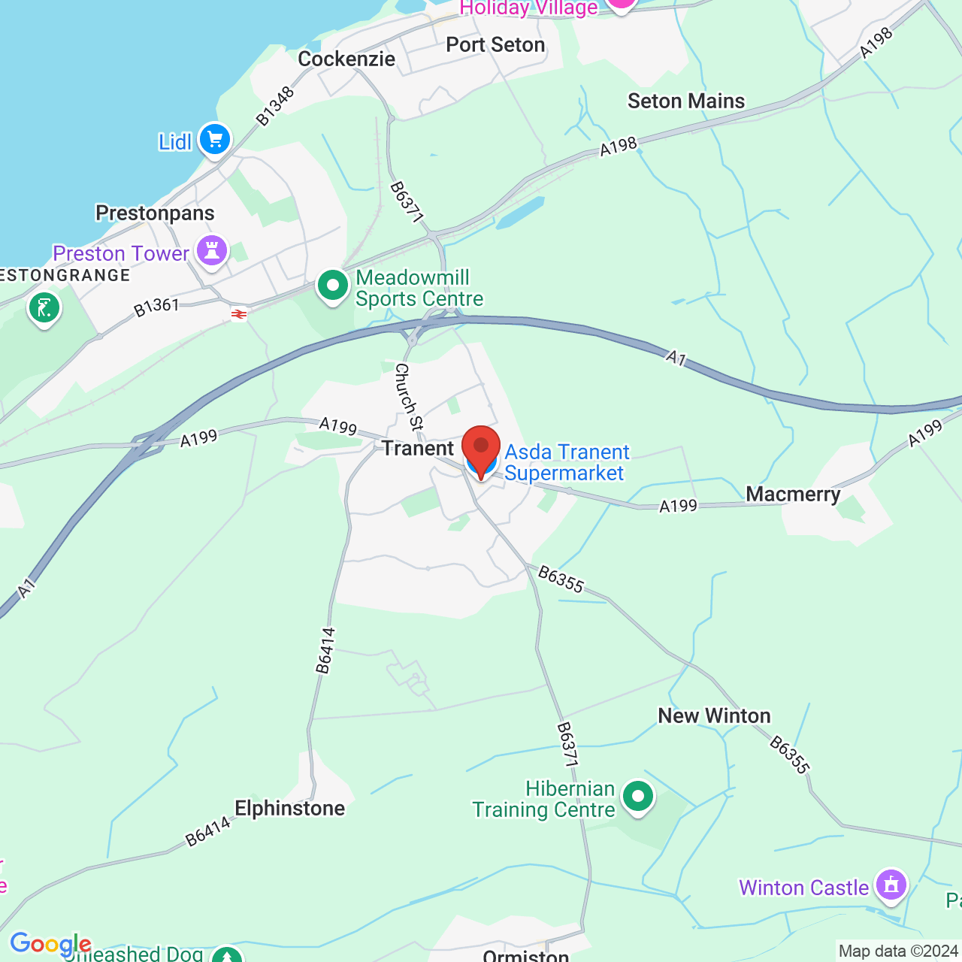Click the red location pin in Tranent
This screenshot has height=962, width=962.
[x=481, y=448]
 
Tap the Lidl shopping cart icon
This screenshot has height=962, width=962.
[x=215, y=140]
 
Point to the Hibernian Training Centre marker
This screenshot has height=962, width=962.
[x=638, y=796]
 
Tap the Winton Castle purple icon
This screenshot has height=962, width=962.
[x=891, y=885]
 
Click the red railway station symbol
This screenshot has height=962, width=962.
[x=239, y=315]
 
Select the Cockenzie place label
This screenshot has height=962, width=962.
[x=346, y=59]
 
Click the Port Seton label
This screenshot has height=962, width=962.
[x=495, y=45]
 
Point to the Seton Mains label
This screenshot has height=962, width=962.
[x=686, y=101]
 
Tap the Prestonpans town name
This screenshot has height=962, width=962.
[x=155, y=213]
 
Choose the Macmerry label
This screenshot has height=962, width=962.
[x=793, y=495]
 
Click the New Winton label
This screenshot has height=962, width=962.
[x=714, y=716]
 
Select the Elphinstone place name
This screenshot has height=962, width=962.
[x=289, y=809]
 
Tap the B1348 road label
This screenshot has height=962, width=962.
[x=275, y=107]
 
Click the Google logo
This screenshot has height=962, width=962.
[x=50, y=944]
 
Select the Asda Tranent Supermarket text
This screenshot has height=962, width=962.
[x=566, y=462]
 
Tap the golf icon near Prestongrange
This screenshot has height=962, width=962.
[x=44, y=308]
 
